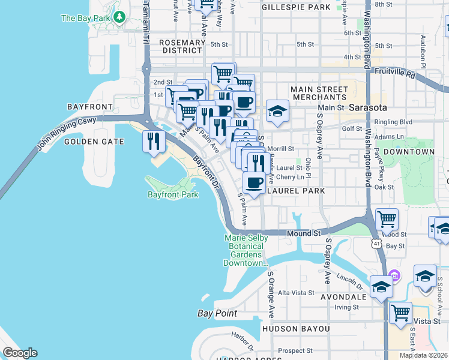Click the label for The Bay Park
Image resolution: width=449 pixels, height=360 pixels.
(85, 18)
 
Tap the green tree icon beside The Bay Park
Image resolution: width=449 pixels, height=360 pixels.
(120, 17)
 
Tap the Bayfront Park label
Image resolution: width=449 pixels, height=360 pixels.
(172, 195)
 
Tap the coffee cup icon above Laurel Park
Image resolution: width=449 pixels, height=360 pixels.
(254, 183)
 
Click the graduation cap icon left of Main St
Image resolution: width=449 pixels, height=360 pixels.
(277, 111)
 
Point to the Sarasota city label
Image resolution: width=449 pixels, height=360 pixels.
(367, 107)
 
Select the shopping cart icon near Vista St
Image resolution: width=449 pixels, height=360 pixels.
(400, 313)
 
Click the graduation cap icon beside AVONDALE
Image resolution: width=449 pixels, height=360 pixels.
(381, 287)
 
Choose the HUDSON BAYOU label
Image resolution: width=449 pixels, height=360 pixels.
(296, 329)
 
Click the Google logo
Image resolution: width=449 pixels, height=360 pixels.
(20, 353)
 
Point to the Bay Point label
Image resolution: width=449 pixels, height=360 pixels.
(217, 313)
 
